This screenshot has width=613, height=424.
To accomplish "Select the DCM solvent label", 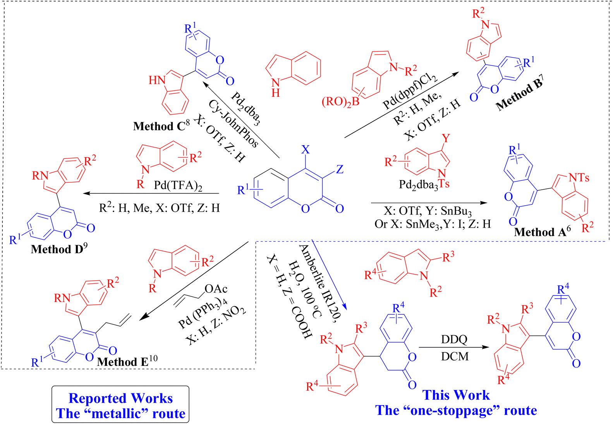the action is [455, 356].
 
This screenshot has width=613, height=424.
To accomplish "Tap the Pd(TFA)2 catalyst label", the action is [178, 185].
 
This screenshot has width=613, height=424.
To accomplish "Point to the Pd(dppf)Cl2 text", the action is [410, 91].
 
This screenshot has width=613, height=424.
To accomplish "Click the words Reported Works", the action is [120, 398].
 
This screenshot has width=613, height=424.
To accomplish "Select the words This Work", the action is [456, 395].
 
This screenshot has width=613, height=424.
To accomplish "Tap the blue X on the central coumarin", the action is [306, 149].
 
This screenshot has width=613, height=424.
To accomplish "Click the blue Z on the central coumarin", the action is [340, 169].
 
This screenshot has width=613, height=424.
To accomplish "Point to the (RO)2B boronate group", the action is [340, 102].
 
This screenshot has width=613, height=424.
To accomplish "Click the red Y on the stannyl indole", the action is [446, 138].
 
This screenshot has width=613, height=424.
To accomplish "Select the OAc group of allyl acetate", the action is [216, 288].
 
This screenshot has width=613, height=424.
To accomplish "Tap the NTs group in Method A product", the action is [579, 178].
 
